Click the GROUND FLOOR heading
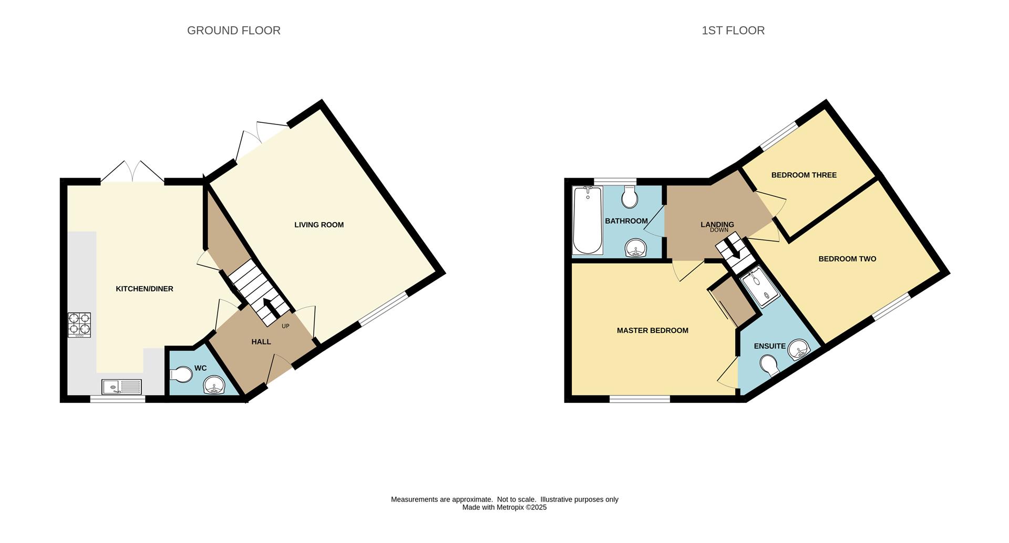coord(234,30)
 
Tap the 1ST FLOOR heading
coord(733,30)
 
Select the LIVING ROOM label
coord(319,225)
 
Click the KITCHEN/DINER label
coord(145,289)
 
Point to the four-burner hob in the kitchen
coord(79,325)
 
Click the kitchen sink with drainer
coord(122,387)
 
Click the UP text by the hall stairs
coord(285,326)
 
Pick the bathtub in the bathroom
coord(588,221)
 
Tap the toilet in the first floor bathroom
coord(630,196)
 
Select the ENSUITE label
coord(770,346)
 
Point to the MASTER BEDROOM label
coord(653,330)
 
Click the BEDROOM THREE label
coord(804,175)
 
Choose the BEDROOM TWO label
coord(847,259)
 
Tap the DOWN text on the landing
coord(719,230)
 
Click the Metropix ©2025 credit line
coord(504,507)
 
